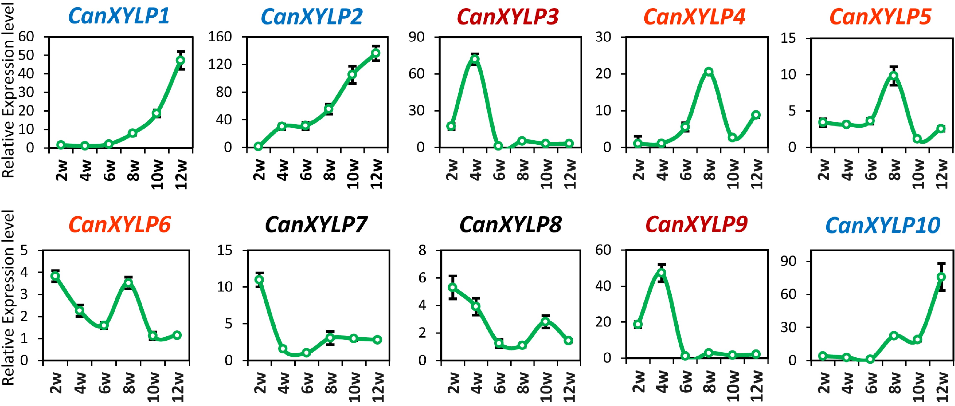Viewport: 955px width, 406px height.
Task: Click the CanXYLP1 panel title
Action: coord(119,16)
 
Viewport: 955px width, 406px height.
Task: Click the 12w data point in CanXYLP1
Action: coord(181,60)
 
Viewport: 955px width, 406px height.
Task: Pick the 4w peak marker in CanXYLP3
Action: coord(475,59)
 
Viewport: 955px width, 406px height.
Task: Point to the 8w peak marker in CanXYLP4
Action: coord(709,71)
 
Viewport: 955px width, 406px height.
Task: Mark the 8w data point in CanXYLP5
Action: coord(894,76)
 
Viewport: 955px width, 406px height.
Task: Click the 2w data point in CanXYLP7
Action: coord(259,279)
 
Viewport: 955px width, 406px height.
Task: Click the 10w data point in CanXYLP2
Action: coord(352,74)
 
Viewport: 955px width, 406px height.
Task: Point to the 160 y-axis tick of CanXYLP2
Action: coord(220,37)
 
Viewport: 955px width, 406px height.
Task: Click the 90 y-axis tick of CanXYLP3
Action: coord(416,37)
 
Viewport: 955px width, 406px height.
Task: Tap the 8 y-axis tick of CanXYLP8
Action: coord(422,250)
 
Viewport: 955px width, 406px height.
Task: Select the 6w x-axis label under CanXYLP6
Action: coord(105,383)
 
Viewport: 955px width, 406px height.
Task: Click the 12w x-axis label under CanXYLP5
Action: coord(942,174)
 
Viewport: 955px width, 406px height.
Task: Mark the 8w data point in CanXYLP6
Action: coord(128,283)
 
